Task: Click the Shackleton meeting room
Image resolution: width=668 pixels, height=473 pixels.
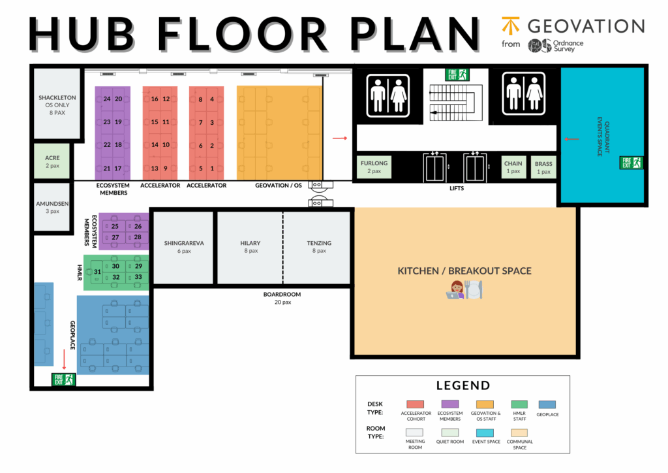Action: click(57, 104)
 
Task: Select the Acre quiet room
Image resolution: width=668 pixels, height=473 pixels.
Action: click(52, 161)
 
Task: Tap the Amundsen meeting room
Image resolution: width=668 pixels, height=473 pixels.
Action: click(52, 207)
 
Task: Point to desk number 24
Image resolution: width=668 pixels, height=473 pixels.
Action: click(107, 99)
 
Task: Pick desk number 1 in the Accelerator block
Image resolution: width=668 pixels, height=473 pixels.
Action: click(212, 169)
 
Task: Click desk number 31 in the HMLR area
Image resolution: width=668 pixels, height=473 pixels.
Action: click(98, 272)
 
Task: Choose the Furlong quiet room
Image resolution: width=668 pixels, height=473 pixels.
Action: click(374, 167)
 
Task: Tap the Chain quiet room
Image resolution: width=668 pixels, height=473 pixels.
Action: click(513, 167)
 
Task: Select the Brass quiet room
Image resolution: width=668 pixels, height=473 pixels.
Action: click(543, 167)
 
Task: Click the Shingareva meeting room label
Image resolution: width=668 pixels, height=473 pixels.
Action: click(184, 243)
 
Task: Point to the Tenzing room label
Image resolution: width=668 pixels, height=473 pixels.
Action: click(319, 243)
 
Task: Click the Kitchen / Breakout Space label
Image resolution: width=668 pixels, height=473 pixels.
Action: click(464, 271)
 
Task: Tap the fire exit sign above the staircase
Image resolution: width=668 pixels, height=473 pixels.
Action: click(457, 74)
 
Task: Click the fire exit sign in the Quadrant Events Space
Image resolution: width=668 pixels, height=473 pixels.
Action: click(631, 163)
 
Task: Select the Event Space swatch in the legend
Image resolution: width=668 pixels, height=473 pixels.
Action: click(485, 433)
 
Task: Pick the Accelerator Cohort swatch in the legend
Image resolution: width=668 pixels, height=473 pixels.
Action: click(416, 404)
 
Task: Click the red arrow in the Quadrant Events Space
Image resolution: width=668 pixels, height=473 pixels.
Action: click(571, 139)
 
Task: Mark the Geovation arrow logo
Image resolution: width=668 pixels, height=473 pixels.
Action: click(510, 25)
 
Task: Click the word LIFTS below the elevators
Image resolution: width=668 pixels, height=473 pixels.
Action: click(457, 188)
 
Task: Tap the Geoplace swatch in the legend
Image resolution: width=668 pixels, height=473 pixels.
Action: click(547, 404)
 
